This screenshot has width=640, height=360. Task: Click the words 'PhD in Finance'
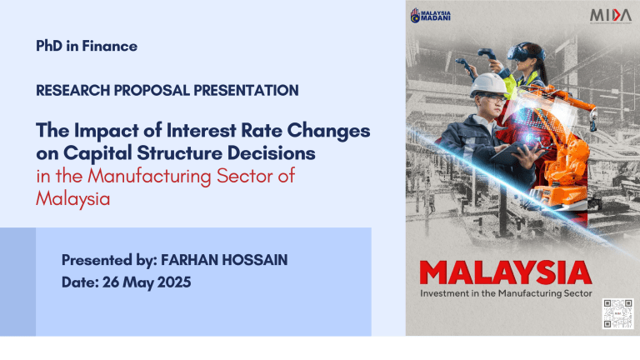[x=87, y=47]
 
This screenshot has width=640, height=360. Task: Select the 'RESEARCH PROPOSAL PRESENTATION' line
[x=167, y=89]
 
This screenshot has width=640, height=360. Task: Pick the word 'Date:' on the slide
[x=82, y=282]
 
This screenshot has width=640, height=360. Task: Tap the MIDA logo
[x=611, y=16]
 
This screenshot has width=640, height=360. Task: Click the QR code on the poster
[x=617, y=313]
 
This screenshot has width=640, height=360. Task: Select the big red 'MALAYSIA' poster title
[x=506, y=272]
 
